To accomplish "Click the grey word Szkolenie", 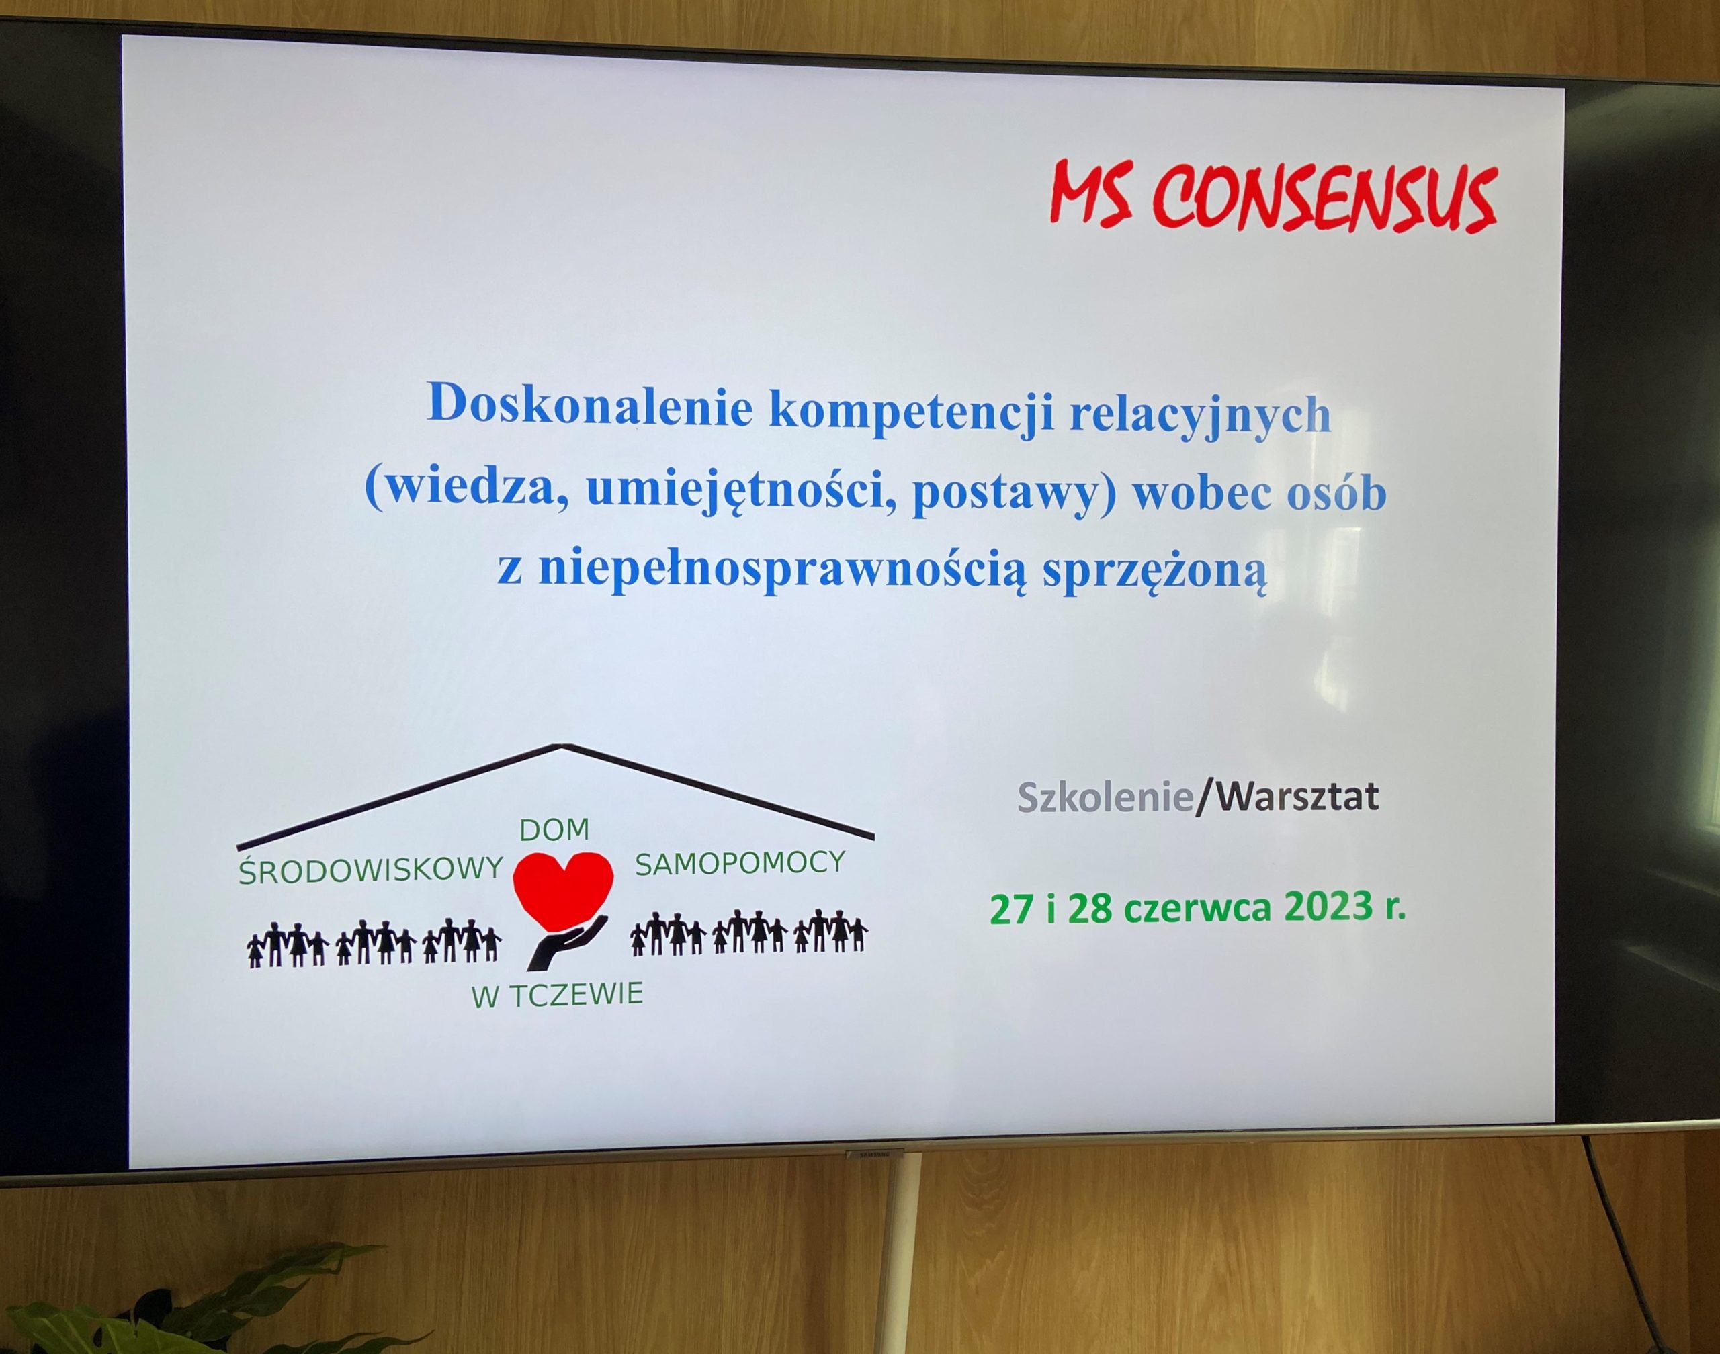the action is click(x=1105, y=797).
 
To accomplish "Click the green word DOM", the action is click(x=554, y=830).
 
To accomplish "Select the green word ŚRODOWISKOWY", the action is click(x=371, y=869).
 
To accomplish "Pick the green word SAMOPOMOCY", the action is click(x=740, y=862).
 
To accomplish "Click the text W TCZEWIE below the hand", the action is click(x=558, y=995).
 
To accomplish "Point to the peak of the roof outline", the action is click(x=562, y=746).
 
